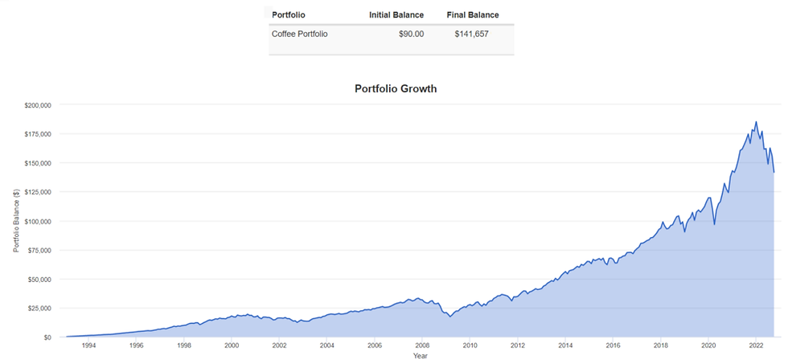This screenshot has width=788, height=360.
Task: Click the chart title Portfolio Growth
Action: [396, 89]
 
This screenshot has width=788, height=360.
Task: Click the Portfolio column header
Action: [289, 14]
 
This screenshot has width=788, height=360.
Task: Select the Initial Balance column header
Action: [396, 14]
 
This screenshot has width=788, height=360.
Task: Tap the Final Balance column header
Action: [473, 14]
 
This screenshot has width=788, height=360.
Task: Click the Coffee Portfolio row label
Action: [300, 34]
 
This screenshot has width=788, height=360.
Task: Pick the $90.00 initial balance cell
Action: [411, 34]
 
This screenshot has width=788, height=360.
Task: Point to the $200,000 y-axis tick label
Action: [37, 104]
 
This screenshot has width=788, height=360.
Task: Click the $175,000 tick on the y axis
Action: [37, 133]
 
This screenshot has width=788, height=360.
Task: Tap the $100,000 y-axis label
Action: [37, 221]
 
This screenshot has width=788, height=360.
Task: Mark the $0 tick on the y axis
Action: [47, 337]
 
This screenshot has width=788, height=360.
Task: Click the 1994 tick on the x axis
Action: [88, 346]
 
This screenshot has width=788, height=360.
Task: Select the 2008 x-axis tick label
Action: [422, 346]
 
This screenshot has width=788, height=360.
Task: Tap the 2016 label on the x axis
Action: [613, 346]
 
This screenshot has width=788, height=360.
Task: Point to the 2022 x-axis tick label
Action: [756, 346]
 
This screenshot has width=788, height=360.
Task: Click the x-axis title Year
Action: [420, 355]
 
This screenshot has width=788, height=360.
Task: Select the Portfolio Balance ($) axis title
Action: [16, 221]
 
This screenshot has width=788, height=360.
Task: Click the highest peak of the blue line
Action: [756, 122]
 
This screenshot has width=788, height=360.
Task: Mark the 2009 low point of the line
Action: [450, 317]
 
